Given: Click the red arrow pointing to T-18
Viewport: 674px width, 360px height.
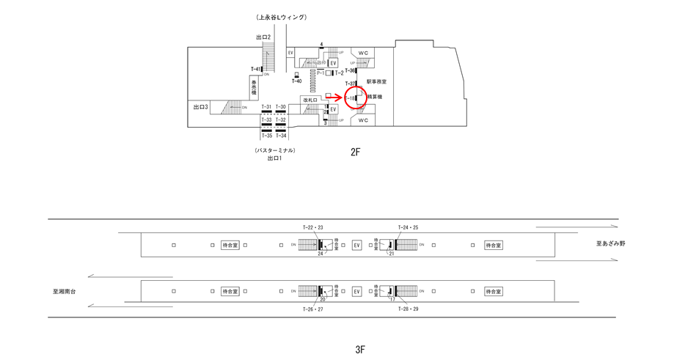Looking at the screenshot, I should click(334, 97).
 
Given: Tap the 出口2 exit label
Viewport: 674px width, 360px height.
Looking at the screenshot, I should click(263, 37).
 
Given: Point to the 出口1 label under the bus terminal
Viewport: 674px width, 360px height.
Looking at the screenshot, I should click(274, 158).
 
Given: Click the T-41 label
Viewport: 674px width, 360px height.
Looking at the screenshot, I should click(255, 70).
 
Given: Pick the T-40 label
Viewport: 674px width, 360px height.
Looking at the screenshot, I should click(296, 81).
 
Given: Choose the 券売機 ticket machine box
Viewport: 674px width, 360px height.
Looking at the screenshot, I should click(254, 89).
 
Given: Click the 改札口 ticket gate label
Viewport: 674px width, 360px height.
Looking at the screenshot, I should click(309, 100).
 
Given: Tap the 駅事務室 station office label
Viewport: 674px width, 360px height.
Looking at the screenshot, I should click(376, 82).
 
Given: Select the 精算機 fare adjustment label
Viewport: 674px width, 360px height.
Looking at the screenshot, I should click(375, 97).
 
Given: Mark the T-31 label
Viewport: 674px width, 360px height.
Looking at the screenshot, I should click(266, 107).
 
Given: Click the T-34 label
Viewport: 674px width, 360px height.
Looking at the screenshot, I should click(281, 136).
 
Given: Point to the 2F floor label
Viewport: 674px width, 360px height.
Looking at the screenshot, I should click(356, 152).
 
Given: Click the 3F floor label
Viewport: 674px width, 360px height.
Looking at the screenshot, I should click(359, 349).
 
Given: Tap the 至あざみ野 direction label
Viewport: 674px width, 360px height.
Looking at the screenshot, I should click(610, 243).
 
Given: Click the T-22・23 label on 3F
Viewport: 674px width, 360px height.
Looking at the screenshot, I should click(312, 227).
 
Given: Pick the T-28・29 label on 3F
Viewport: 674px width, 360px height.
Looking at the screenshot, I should click(408, 309).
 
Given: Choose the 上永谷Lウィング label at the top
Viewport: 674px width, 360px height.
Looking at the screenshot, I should click(282, 17).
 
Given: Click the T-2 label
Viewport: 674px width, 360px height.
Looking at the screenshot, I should click(340, 73).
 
